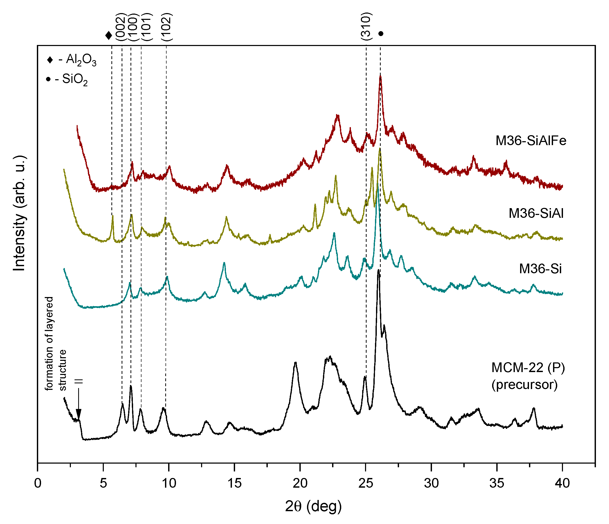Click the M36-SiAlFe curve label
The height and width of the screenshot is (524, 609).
(531, 141)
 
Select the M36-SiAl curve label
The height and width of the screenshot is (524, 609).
(536, 213)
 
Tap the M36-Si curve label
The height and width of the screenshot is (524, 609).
(540, 269)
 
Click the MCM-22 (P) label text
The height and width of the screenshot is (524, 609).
(528, 368)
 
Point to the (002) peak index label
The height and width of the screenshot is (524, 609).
(121, 27)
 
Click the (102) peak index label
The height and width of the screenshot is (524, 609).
(167, 27)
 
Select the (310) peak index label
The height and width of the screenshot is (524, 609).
(366, 26)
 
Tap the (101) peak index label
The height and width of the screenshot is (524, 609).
(146, 27)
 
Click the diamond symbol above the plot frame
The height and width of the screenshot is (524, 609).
(109, 36)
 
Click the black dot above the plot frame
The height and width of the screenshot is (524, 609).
(381, 34)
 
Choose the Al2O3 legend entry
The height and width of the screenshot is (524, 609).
(71, 60)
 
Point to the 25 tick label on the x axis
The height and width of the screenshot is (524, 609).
(366, 483)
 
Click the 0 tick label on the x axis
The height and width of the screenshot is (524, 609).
(38, 483)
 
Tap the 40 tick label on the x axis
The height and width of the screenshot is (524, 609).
(562, 483)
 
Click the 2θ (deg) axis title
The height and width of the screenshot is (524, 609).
(313, 506)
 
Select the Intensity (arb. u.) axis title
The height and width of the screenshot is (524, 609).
(19, 213)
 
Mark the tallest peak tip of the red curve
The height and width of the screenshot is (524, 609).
(380, 76)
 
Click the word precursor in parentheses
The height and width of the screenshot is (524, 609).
(524, 385)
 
